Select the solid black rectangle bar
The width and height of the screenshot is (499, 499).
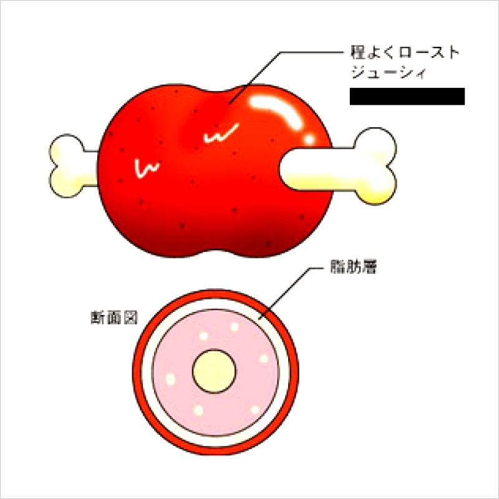coord(407,96)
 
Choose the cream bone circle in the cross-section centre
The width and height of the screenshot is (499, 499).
coord(215,371)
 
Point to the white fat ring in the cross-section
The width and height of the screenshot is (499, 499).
coord(148,371)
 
